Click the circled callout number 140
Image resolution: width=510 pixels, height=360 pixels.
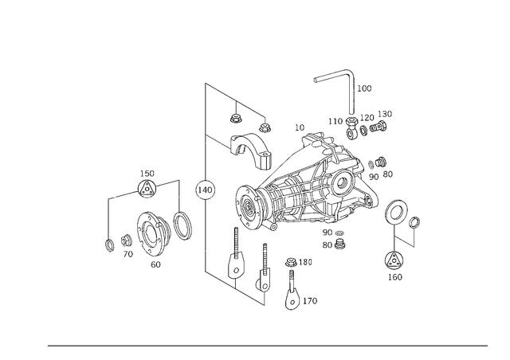[x=205, y=190]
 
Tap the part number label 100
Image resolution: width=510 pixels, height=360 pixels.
[x=364, y=88]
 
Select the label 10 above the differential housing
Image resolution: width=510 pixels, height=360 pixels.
[x=300, y=127]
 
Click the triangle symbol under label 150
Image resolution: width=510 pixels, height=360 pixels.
[x=147, y=189]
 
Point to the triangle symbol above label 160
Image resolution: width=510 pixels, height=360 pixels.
[x=394, y=260]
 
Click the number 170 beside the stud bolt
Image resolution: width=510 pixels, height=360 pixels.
[x=310, y=301]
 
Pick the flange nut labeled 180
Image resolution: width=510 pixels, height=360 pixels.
[x=290, y=262]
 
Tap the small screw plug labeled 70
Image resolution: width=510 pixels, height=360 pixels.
[x=126, y=241]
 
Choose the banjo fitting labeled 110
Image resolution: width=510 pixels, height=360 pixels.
[x=352, y=128]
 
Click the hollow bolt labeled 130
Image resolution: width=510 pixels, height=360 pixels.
[x=379, y=126]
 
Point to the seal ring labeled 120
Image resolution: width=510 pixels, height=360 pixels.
[x=364, y=129]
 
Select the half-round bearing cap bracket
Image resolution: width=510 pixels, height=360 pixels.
[x=250, y=151]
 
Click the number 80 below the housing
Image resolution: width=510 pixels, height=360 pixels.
[x=328, y=245]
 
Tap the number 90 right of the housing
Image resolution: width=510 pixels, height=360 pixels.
[x=374, y=177]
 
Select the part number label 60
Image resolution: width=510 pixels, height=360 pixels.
[x=155, y=264]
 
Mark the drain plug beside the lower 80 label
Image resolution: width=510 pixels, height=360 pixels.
[x=339, y=244]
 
